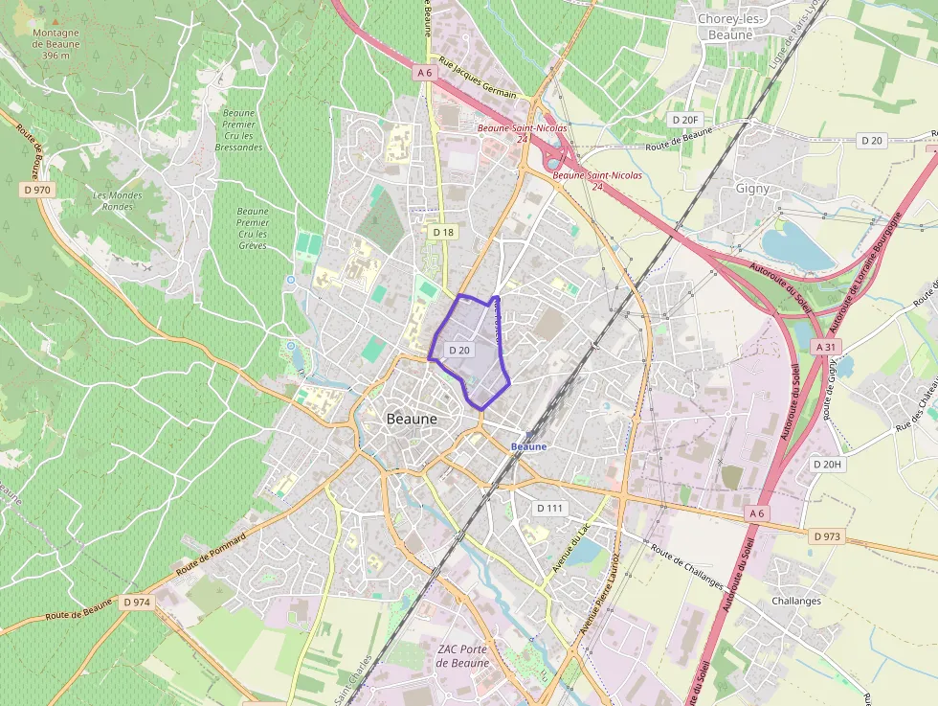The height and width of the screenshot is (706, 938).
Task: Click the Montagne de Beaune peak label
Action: [56, 43]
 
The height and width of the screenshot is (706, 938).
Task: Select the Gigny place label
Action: [752, 189]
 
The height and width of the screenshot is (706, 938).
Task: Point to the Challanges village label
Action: [796, 601]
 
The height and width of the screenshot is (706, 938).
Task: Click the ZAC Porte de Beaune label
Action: [463, 656]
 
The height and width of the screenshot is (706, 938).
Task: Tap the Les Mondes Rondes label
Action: [118, 200]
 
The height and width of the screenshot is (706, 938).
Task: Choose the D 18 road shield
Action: [442, 232]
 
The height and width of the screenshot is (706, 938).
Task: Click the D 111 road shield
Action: [550, 507]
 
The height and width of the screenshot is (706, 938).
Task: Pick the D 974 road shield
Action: [137, 602]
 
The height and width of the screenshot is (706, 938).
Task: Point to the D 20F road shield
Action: [685, 119]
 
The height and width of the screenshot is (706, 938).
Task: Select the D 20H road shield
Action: [827, 465]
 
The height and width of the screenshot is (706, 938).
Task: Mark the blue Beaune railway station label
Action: [529, 446]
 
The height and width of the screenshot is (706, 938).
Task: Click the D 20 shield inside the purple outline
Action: [459, 351]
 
